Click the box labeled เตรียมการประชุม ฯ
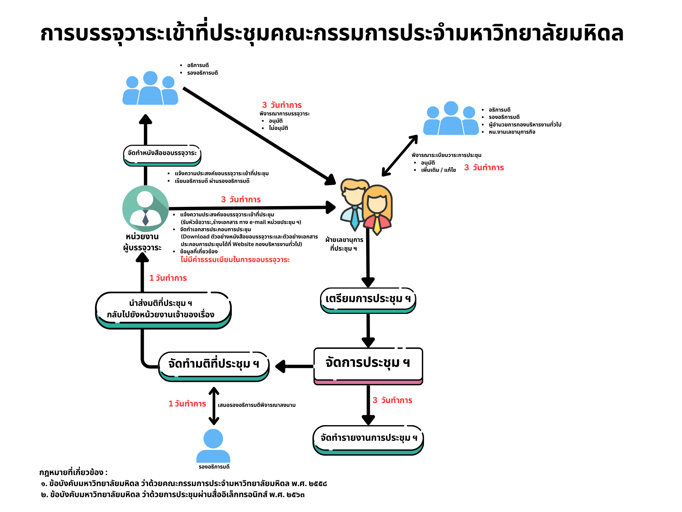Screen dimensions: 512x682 (x=368, y=299)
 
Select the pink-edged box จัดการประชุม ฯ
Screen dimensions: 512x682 (x=368, y=364)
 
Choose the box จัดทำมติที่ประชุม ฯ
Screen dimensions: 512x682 (x=214, y=365)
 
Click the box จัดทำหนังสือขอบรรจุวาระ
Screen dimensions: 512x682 (x=162, y=154)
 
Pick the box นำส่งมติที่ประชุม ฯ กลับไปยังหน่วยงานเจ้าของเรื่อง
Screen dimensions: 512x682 (x=163, y=309)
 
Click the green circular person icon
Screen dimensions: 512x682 (x=145, y=208)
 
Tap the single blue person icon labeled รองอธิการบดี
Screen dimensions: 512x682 (x=213, y=446)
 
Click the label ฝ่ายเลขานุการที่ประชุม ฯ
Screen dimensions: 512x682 (x=344, y=244)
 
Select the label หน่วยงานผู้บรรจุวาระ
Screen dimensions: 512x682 (x=142, y=242)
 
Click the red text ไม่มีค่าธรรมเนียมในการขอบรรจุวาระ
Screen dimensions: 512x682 (x=235, y=260)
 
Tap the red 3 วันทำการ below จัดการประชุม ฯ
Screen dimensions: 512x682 (x=392, y=400)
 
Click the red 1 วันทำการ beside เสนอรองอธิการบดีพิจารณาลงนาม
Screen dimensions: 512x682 (x=187, y=404)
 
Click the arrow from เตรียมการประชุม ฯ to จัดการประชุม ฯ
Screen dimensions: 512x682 (x=368, y=330)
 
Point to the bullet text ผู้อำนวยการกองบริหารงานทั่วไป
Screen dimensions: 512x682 (x=525, y=125)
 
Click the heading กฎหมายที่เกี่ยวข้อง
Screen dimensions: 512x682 (x=73, y=472)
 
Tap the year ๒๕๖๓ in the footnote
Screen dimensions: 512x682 (x=296, y=494)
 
